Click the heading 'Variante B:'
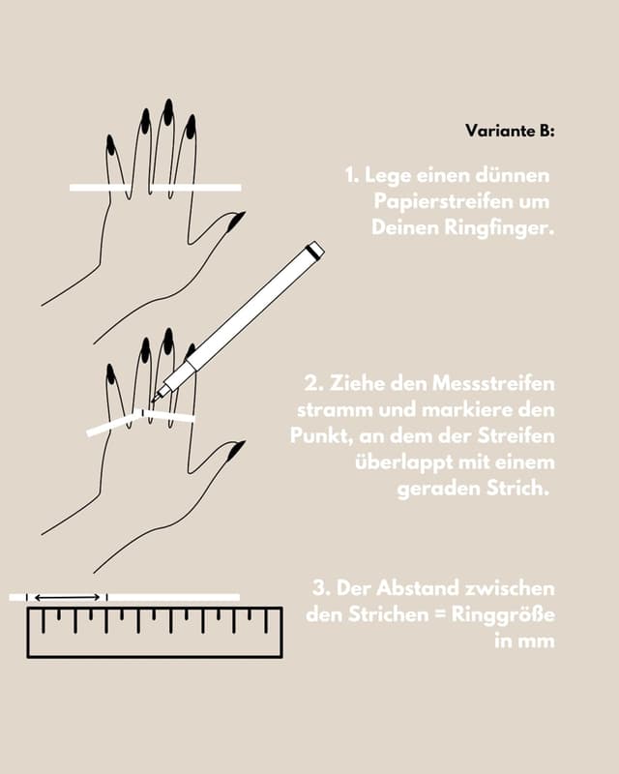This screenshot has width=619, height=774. pyautogui.click(x=510, y=131)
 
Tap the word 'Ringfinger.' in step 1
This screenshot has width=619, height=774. pyautogui.click(x=499, y=227)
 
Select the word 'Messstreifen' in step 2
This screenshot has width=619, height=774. pyautogui.click(x=493, y=383)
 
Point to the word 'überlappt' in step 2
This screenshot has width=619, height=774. pyautogui.click(x=403, y=462)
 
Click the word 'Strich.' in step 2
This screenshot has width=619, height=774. pyautogui.click(x=517, y=489)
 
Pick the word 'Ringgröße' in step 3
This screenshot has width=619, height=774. pyautogui.click(x=503, y=615)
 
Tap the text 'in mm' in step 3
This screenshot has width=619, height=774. pyautogui.click(x=524, y=640)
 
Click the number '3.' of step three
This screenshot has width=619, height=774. pyautogui.click(x=321, y=588)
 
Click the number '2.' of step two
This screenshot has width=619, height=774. pyautogui.click(x=313, y=383)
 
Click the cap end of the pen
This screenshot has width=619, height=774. pyautogui.click(x=315, y=251)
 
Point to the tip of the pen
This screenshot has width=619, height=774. pyautogui.click(x=154, y=400)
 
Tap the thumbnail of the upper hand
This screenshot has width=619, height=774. pyautogui.click(x=236, y=221)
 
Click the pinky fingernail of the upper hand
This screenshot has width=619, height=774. pyautogui.click(x=110, y=144)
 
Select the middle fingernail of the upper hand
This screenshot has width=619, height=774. pyautogui.click(x=168, y=111)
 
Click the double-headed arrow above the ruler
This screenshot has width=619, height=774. pyautogui.click(x=67, y=598)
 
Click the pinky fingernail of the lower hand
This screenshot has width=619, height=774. pyautogui.click(x=110, y=374)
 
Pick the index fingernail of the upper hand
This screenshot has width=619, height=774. pyautogui.click(x=191, y=126)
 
